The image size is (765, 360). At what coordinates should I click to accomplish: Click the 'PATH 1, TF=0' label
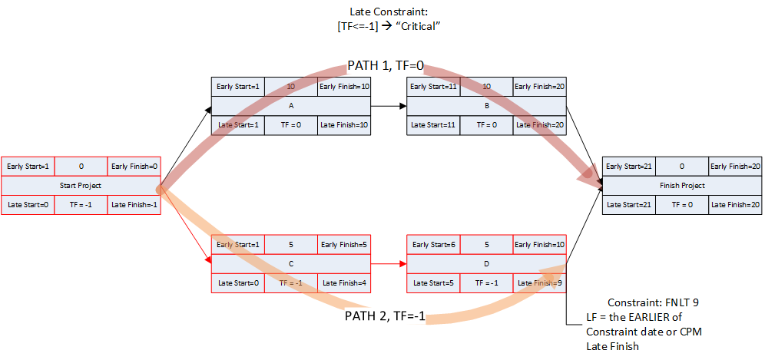(x=388, y=65)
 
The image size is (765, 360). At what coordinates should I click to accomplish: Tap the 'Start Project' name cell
(x=81, y=185)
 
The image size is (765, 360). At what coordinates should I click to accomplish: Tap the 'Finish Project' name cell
(x=681, y=185)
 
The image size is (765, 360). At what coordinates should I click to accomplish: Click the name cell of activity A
(x=291, y=106)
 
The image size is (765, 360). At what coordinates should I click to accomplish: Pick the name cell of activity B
(x=486, y=106)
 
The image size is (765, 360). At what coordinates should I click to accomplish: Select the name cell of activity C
(x=291, y=263)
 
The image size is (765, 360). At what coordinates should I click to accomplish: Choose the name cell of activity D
(x=486, y=263)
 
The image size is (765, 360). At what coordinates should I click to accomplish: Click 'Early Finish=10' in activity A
(x=344, y=88)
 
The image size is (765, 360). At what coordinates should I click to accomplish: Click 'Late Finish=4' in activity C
(x=344, y=282)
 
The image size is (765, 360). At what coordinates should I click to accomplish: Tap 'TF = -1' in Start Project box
(x=81, y=203)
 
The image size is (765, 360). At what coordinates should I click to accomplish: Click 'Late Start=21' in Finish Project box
(x=628, y=203)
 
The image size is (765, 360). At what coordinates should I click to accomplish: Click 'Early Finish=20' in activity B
(x=539, y=88)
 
